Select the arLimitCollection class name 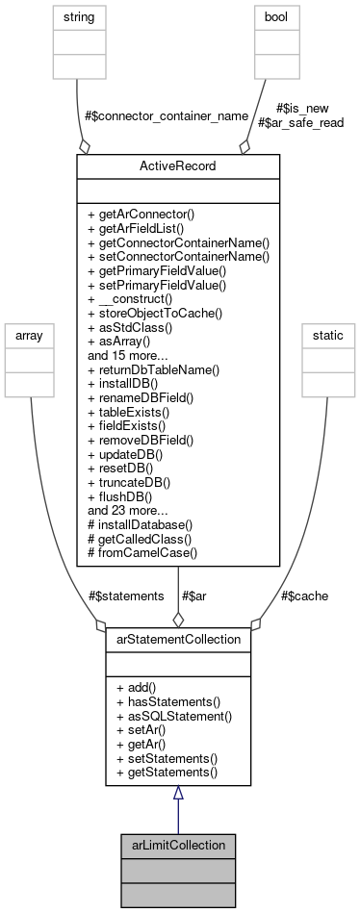pyautogui.click(x=177, y=845)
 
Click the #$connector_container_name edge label pyautogui.click(x=154, y=116)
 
